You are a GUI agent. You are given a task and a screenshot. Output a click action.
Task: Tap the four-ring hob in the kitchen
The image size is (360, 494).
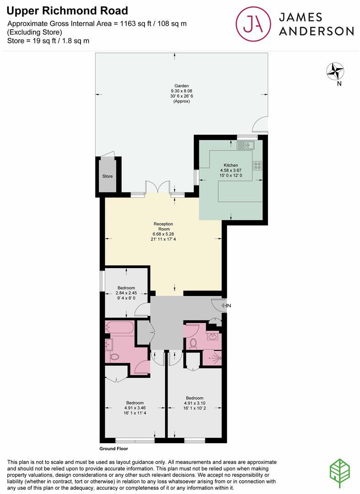coord(257,166)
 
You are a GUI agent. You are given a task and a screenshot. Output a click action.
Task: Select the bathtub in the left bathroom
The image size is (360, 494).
coord(119,328)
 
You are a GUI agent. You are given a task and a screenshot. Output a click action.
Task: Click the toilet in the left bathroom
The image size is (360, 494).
coord(114,357)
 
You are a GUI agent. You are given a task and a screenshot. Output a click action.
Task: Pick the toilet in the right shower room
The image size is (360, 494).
coord(193,343)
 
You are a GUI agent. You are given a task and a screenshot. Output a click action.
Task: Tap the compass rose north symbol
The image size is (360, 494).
coord(335,71)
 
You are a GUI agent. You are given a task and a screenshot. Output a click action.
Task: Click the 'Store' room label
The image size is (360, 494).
coord(107,176)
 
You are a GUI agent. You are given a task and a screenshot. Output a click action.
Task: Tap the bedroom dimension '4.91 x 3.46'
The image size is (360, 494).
coord(134,408)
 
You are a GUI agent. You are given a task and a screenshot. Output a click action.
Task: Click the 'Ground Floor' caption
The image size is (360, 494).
coord(113,449)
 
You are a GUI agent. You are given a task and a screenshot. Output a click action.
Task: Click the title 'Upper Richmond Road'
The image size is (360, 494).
coord(67,11)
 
